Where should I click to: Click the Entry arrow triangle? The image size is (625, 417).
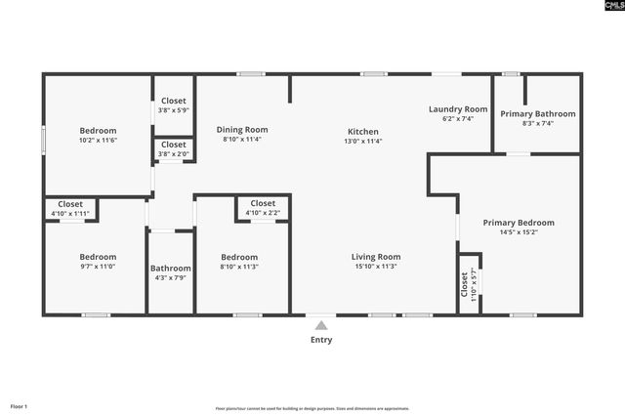[321, 326]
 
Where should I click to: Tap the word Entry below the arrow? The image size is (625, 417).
[321, 340]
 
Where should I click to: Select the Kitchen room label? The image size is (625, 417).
[363, 132]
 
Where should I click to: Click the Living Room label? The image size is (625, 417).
[376, 257]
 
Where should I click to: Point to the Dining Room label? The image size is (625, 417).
[242, 130]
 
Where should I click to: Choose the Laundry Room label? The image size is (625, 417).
[458, 109]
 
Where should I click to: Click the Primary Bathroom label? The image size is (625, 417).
[538, 114]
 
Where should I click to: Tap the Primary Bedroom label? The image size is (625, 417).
[519, 223]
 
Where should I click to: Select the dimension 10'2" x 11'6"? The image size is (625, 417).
[98, 141]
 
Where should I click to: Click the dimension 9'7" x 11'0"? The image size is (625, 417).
[98, 267]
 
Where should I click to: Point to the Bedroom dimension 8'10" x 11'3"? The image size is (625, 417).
[239, 267]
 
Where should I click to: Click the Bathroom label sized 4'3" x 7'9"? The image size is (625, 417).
[170, 269]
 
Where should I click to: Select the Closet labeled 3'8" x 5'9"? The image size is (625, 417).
[174, 101]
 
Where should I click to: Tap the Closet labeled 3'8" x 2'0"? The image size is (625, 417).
[174, 145]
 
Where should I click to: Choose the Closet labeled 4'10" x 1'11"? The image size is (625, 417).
[70, 204]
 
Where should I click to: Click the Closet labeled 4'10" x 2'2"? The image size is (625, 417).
[263, 203]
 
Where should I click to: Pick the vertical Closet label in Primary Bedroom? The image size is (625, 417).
[465, 283]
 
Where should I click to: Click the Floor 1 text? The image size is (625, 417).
[19, 406]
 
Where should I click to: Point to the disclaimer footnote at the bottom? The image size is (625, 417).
[312, 408]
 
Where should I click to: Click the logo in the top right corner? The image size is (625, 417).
[605, 7]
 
